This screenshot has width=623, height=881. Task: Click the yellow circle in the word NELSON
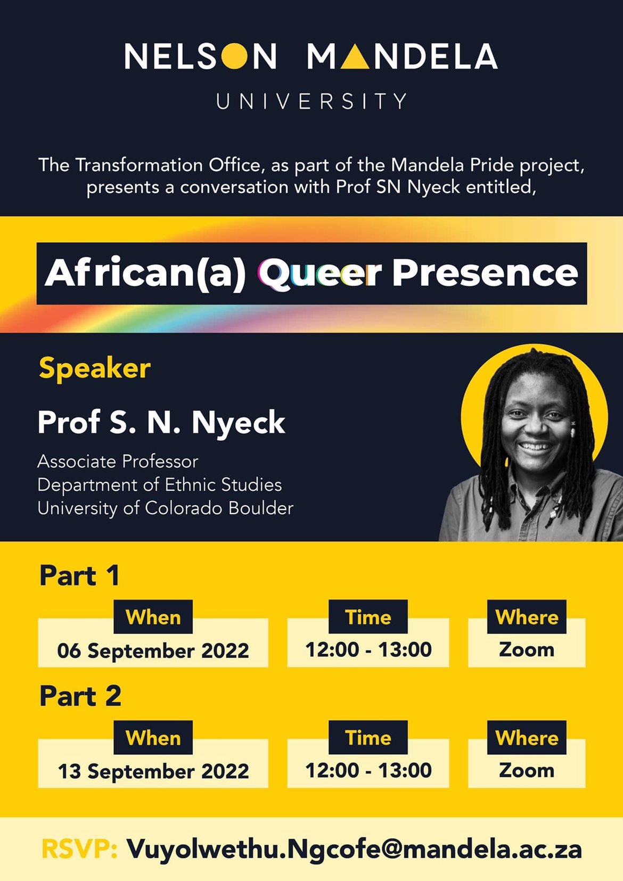pyautogui.click(x=234, y=56)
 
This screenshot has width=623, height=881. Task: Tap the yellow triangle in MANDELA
pyautogui.click(x=355, y=56)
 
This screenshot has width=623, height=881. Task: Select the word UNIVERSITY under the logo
pyautogui.click(x=311, y=101)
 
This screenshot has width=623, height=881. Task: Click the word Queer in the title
pyautogui.click(x=319, y=273)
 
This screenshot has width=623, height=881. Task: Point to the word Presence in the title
pyautogui.click(x=485, y=273)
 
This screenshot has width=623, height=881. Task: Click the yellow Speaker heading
pyautogui.click(x=94, y=369)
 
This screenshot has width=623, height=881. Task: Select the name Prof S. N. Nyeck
pyautogui.click(x=161, y=423)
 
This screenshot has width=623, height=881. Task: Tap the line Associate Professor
pyautogui.click(x=118, y=462)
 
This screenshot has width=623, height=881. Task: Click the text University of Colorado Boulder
pyautogui.click(x=166, y=508)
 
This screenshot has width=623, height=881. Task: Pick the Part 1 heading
pyautogui.click(x=79, y=576)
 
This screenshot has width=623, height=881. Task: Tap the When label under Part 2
pyautogui.click(x=153, y=737)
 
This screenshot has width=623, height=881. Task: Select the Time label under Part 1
pyautogui.click(x=368, y=616)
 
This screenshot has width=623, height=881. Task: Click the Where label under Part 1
pyautogui.click(x=527, y=616)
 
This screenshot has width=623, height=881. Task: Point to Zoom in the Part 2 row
pyautogui.click(x=527, y=770)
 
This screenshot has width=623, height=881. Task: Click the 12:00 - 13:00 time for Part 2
pyautogui.click(x=368, y=770)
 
